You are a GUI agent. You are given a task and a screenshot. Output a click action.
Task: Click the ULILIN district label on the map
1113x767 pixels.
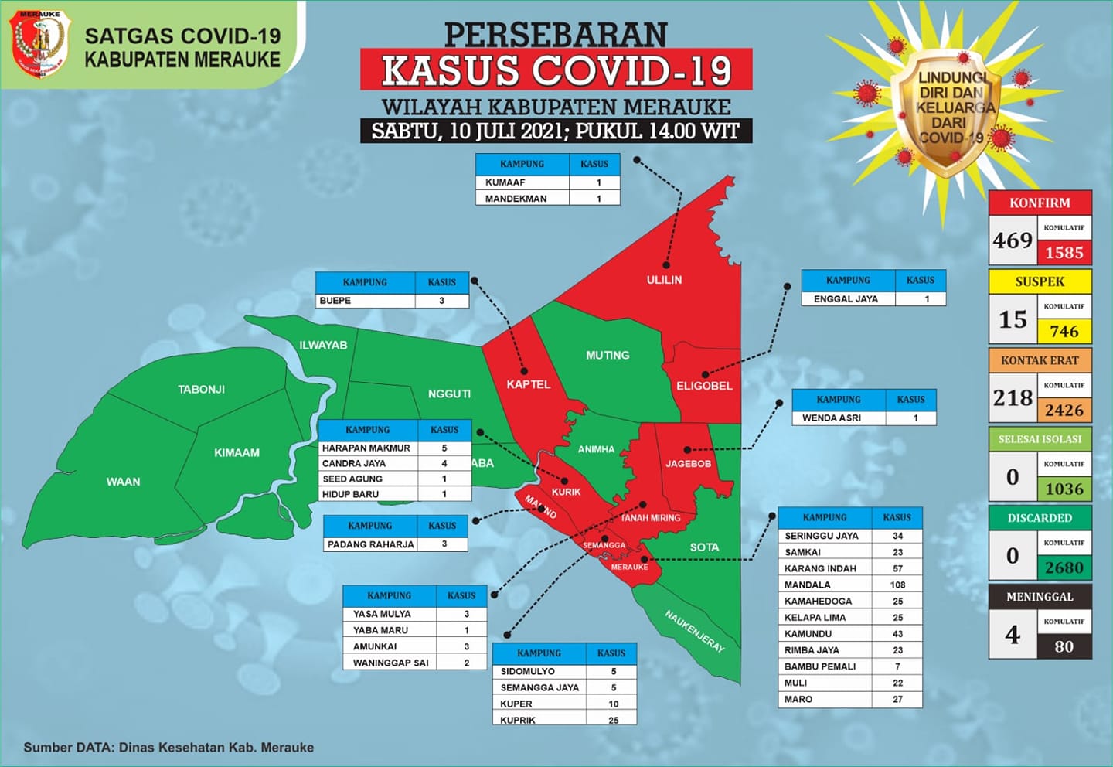point(664,280)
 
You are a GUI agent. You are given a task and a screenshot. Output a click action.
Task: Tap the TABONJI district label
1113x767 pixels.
point(201,390)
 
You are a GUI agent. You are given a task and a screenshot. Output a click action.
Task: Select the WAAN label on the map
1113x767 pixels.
point(123,482)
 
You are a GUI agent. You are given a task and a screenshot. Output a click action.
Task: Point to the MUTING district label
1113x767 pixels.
point(608,356)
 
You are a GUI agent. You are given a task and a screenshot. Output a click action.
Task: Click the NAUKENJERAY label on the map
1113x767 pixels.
point(695,631)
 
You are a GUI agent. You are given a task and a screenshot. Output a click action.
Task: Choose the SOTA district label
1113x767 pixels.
point(704,547)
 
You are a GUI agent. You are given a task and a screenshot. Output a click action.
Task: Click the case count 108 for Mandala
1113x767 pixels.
point(897,585)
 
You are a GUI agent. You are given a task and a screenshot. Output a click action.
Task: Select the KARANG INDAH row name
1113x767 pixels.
point(820,568)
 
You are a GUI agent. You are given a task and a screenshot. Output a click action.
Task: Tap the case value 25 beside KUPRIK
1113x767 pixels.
point(613,720)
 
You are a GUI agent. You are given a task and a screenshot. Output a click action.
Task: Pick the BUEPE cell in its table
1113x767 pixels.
point(335,301)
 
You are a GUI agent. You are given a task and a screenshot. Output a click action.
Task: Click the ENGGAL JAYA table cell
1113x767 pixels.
point(846,299)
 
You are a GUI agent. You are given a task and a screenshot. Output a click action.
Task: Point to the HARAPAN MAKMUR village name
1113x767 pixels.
point(366,448)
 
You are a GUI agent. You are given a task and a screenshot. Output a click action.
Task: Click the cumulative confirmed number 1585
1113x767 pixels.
point(1064,253)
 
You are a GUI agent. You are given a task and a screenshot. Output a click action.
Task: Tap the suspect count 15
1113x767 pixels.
point(1013,319)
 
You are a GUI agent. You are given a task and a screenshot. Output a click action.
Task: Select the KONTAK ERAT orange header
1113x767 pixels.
point(1040,360)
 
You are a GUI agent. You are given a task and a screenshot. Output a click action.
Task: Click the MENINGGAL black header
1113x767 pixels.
point(1040,597)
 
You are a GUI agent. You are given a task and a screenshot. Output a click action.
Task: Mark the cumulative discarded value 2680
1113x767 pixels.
point(1064,568)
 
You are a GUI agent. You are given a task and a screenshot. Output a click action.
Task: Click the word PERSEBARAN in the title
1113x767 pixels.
point(556,34)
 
